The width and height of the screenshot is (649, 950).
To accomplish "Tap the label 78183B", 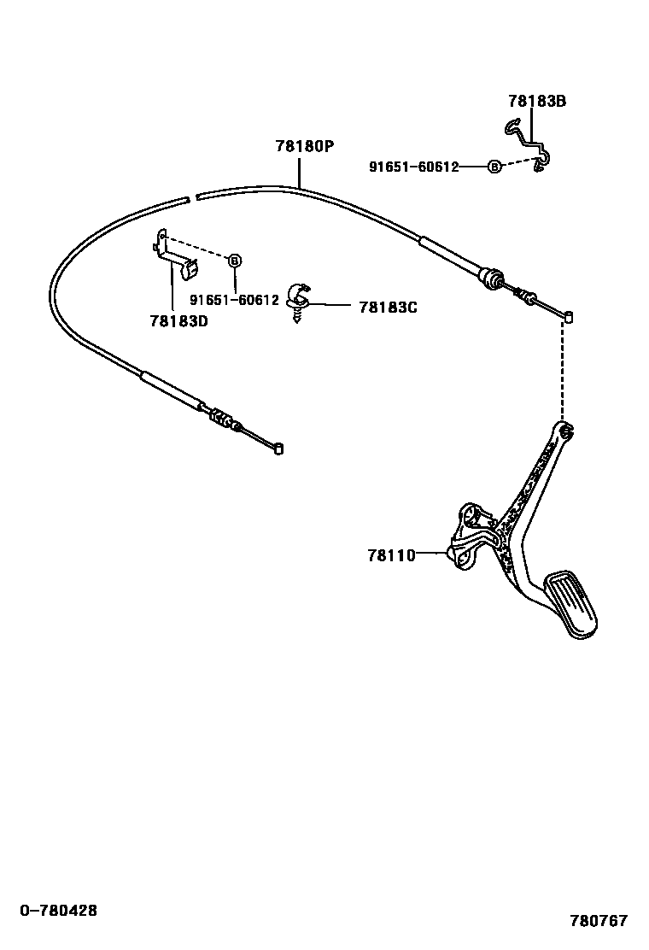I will [x=537, y=102].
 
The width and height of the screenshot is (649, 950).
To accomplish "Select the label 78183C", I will [x=388, y=306].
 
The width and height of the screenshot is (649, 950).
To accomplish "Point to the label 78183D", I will [x=178, y=321].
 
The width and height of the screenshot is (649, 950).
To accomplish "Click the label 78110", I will [x=391, y=555].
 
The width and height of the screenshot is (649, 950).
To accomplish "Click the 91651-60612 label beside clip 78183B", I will [x=413, y=167].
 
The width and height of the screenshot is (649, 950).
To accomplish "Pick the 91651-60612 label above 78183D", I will [x=234, y=300].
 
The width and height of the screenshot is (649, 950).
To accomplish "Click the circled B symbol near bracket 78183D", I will [x=236, y=260].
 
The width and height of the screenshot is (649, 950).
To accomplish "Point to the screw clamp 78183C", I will [x=298, y=299].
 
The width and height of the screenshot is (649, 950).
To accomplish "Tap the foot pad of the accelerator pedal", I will [x=573, y=604].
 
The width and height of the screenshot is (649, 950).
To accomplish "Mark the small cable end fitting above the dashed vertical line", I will [x=567, y=318].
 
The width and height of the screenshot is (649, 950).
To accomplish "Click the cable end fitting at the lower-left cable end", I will [x=278, y=448].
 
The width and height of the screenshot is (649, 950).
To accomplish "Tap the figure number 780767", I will [x=599, y=921].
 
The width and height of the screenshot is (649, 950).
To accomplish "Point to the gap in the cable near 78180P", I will [x=191, y=198].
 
